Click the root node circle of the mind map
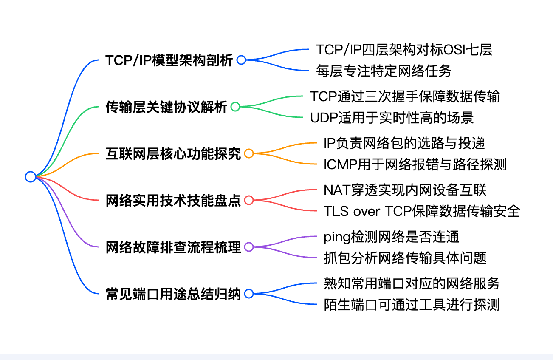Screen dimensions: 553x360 30,176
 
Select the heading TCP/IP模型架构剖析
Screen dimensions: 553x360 169,60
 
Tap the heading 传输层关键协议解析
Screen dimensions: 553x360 166,107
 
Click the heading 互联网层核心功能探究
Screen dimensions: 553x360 173,153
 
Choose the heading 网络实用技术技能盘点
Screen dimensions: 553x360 173,200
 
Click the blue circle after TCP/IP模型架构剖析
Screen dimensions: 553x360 241,60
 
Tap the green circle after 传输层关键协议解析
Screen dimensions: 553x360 235,107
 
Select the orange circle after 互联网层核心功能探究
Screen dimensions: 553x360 249,153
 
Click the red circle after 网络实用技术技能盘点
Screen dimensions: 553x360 249,200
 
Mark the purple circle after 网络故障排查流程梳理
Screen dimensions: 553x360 249,247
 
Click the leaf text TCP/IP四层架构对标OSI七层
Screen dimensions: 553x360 404,50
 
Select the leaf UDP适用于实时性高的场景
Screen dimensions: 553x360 392,117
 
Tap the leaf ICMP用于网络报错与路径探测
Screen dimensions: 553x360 415,164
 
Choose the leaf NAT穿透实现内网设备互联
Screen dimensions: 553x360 405,190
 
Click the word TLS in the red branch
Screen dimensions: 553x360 334,211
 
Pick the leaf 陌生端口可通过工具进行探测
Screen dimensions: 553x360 412,304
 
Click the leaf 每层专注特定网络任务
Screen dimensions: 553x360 384,71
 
